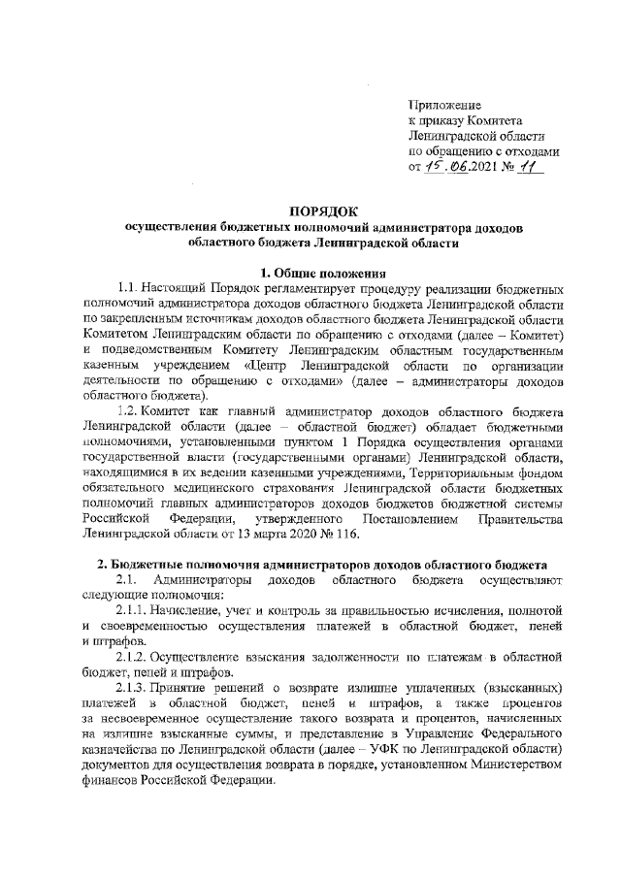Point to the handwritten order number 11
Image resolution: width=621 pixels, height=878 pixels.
537,166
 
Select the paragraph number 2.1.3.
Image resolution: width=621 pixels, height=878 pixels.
133,686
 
